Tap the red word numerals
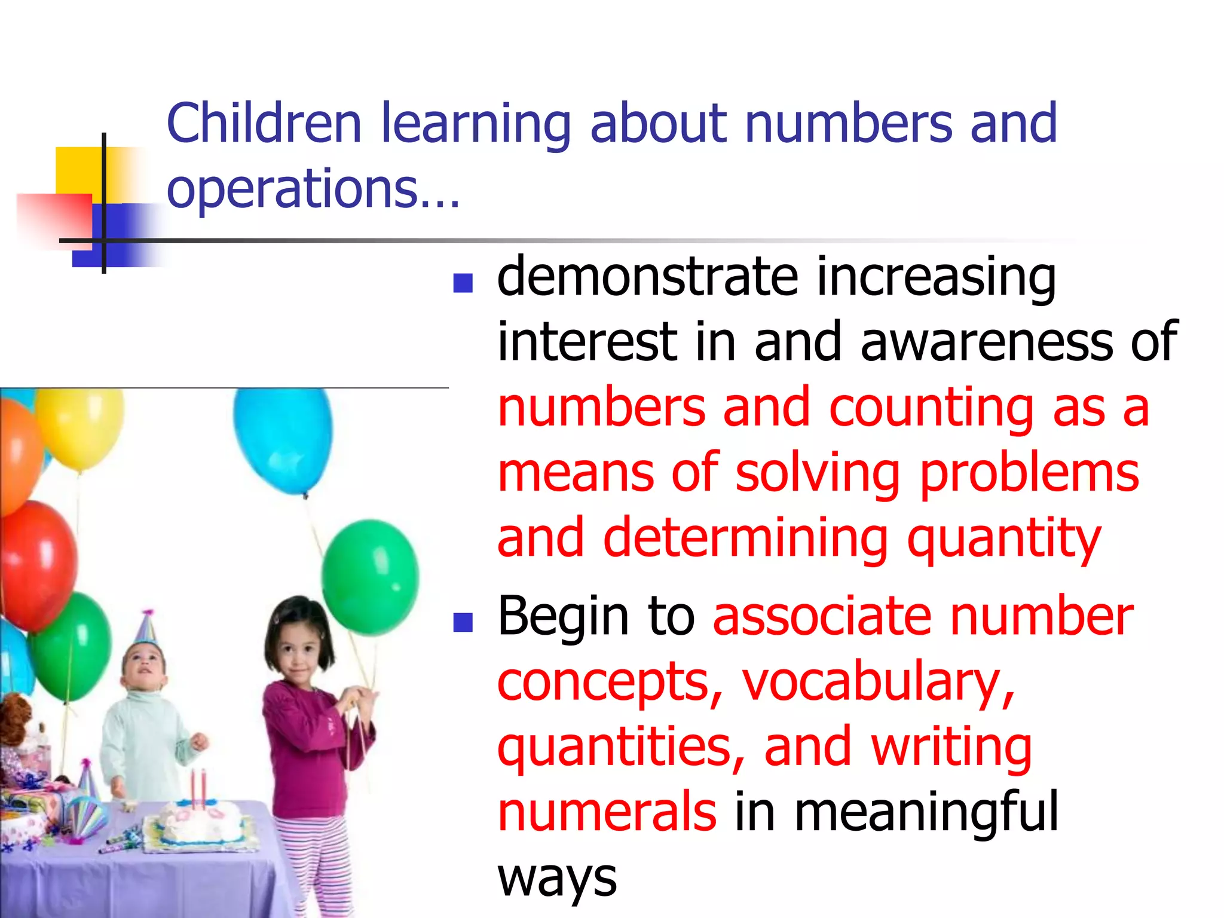click(x=607, y=812)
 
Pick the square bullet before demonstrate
click(x=463, y=283)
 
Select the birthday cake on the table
click(x=197, y=822)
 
